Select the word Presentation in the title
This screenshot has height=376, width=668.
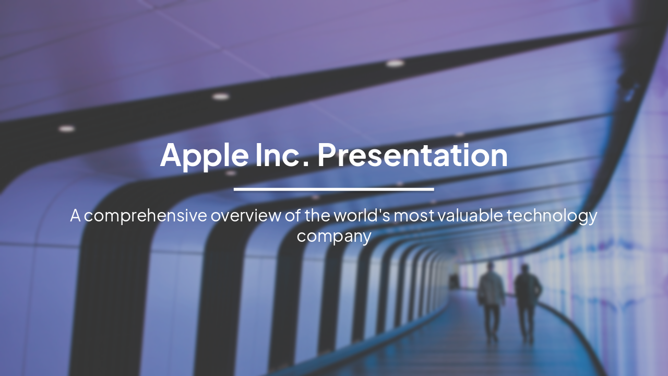(412, 155)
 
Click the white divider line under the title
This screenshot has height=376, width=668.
(333, 189)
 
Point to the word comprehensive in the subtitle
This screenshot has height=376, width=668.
(146, 216)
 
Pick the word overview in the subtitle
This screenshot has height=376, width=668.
(245, 215)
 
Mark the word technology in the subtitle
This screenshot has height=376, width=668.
(552, 216)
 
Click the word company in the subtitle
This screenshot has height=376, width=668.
(334, 236)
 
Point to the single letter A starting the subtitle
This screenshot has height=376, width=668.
(76, 215)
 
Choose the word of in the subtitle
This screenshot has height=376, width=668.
(293, 215)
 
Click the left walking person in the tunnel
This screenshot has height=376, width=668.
(491, 300)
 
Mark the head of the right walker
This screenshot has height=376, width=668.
(525, 269)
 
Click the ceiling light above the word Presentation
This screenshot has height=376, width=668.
(395, 63)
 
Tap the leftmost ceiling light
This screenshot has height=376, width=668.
(66, 128)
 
